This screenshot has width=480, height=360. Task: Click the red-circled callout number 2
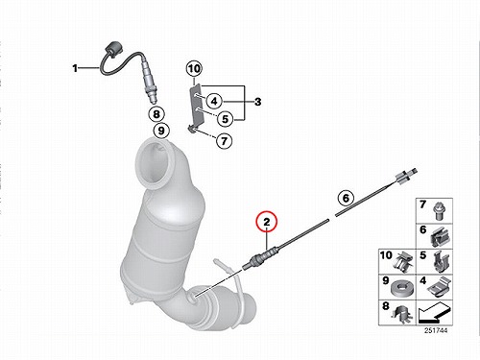coord(267,222)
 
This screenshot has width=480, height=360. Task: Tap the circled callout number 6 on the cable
coord(346,198)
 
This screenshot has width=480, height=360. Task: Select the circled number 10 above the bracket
coord(194,68)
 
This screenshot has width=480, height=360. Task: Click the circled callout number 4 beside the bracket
coord(214,101)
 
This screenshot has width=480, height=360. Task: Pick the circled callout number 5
coord(226,119)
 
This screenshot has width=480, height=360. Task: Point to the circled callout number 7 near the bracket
coord(224,140)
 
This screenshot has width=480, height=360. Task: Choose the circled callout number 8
coord(156,114)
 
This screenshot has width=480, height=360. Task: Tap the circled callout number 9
coord(161,131)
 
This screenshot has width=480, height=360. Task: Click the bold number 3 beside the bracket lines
coord(257,102)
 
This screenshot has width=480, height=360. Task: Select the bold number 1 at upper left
coord(75,68)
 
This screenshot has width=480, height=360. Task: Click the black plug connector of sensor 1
coord(112,48)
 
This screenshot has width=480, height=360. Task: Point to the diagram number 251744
coord(436,330)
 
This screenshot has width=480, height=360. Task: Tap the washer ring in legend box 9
coord(401,288)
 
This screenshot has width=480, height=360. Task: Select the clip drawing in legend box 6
coord(442,237)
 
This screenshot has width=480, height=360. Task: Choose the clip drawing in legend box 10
coord(404,262)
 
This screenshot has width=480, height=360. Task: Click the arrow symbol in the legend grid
coord(434,313)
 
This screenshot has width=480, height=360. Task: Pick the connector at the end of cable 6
coord(406,175)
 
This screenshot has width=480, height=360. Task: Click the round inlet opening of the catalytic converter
coord(156,164)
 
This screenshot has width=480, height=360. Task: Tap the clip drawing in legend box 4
coord(440,286)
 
